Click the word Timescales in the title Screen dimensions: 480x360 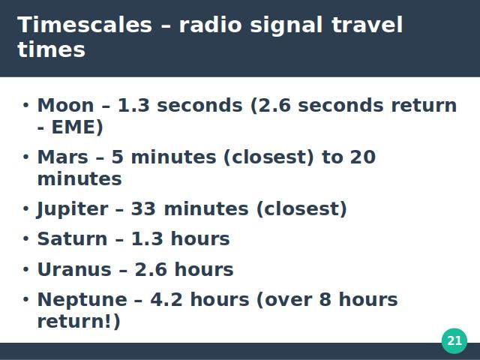coord(85,25)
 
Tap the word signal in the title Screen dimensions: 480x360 coord(286,25)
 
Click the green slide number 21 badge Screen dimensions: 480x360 coord(454,340)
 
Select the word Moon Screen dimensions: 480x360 coord(65,105)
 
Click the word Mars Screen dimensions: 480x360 coord(63,157)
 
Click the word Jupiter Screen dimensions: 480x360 coord(72,209)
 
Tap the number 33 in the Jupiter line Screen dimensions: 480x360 coord(143,209)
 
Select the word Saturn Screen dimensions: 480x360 coord(72,238)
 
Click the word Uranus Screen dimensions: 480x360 coord(74,270)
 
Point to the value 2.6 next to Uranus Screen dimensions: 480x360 coord(151,270)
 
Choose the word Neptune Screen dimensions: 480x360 coord(82,300)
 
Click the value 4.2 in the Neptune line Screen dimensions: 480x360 coord(166,300)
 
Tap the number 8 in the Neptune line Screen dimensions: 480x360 coord(325,300)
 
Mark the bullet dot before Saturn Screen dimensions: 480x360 coord(25,238)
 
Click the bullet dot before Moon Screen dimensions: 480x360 coord(25,105)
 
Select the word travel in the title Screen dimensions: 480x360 coord(367,25)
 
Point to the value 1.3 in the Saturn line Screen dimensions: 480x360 coord(147,238)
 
